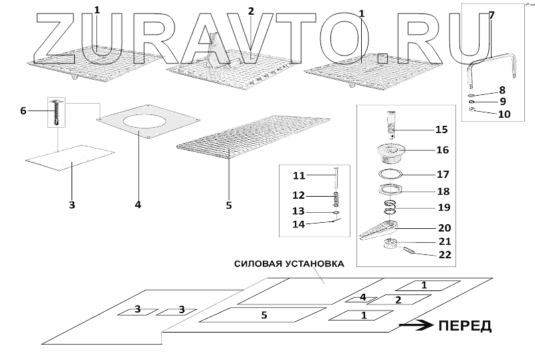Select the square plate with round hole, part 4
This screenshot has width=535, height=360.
tap(148, 120)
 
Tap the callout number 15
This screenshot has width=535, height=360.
tap(441, 129)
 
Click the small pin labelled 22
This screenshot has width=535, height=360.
tap(412, 252)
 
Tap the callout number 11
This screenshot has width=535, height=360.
tap(298, 175)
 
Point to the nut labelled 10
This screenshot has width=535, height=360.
tap(471, 111)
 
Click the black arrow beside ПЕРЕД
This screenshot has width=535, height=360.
tap(415, 326)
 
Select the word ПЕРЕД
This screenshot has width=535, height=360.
tap(465, 327)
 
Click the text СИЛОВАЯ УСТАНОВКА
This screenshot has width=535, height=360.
tap(289, 264)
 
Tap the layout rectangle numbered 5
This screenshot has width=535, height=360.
tap(263, 314)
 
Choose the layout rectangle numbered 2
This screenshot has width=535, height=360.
tap(397, 300)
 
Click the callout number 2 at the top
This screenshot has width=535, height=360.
tap(251, 11)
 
